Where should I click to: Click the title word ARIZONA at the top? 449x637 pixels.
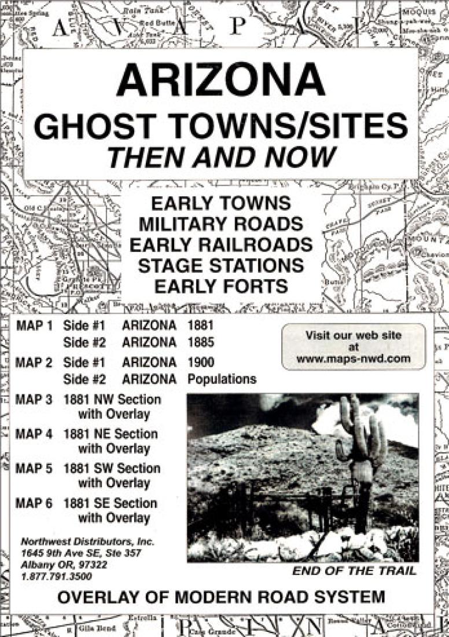point(220,80)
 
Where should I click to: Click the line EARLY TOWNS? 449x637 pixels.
point(220,204)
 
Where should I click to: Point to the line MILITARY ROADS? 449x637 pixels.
point(220,224)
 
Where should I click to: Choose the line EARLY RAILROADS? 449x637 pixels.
point(220,244)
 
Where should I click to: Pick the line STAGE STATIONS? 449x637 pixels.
point(220,265)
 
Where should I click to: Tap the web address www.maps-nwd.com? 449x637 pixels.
point(353,359)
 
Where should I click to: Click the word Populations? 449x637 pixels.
point(222,380)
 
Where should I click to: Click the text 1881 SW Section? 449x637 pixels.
point(112,468)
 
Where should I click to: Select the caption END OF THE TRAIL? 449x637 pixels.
point(354,571)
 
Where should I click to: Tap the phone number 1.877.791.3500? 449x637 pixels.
point(57,577)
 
